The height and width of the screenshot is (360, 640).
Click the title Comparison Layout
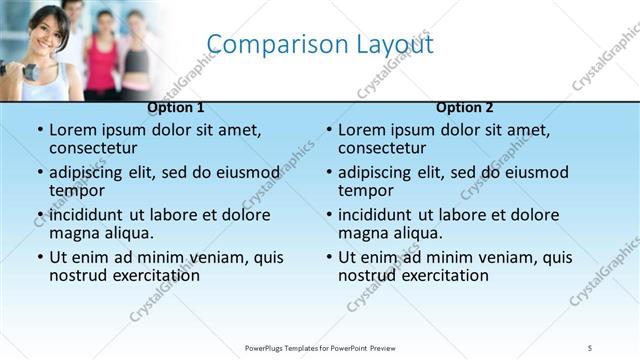319,44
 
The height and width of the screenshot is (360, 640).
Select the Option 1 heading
176,107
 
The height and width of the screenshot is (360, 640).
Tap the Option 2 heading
465,107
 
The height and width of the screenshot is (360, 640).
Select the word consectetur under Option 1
96,148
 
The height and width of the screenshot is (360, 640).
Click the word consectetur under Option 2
385,148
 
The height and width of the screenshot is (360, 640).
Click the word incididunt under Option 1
87,215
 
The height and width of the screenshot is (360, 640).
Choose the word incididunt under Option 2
376,215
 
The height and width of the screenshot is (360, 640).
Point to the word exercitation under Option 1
155,275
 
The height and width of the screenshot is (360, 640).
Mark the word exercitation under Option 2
444,275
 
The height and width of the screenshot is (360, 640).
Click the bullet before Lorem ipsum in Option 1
39,130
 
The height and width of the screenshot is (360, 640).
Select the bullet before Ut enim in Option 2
328,257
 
